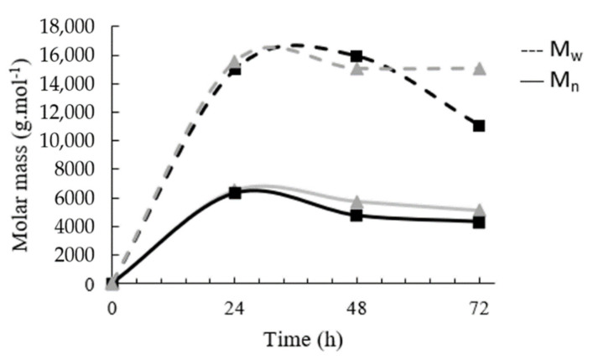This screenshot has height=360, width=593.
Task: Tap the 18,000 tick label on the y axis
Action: click(x=69, y=27)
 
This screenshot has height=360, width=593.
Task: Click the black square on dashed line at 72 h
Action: click(x=479, y=126)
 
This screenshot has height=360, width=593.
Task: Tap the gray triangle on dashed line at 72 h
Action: click(x=479, y=68)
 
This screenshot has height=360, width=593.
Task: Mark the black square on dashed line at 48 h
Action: click(x=357, y=56)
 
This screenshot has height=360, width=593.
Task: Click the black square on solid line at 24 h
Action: click(x=235, y=193)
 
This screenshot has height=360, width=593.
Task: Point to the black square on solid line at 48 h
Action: click(x=357, y=216)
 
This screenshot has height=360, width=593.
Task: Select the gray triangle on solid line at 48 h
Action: click(x=357, y=202)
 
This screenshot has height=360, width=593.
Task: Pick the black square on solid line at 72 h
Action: click(x=479, y=222)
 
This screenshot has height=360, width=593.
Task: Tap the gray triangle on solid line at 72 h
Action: click(x=479, y=210)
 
